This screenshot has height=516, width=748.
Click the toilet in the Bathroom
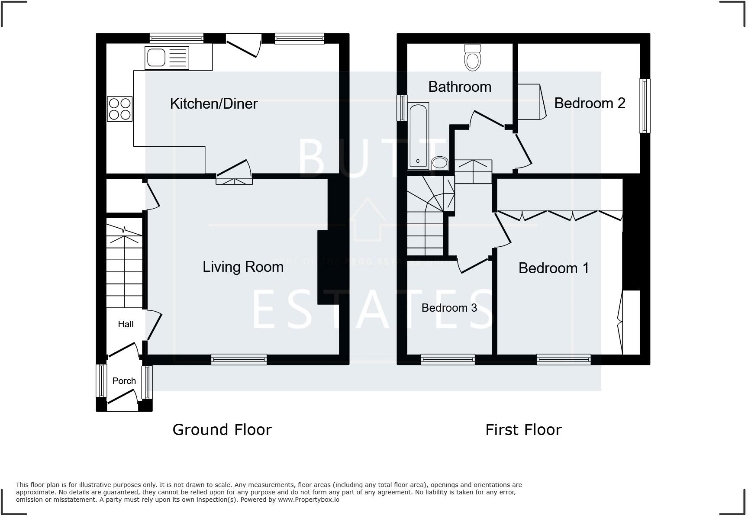472,58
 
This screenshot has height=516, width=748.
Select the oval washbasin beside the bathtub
440,163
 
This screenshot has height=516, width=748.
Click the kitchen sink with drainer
167,58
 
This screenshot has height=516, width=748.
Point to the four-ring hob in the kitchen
119,109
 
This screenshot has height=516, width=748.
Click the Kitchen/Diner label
213,103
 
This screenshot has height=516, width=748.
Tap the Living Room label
243,267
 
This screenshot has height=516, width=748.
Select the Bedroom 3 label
449,308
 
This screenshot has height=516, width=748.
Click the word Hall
126,324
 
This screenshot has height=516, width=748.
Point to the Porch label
124,381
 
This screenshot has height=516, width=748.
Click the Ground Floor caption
222,429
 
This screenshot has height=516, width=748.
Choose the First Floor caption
523,429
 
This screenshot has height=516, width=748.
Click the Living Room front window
239,359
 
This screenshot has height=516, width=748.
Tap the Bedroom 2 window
645,106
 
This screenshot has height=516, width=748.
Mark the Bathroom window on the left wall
402,108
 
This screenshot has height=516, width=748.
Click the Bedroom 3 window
448,359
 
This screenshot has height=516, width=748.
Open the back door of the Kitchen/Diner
243,47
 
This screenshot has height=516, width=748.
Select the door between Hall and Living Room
154,326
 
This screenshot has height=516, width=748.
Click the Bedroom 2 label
590,103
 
